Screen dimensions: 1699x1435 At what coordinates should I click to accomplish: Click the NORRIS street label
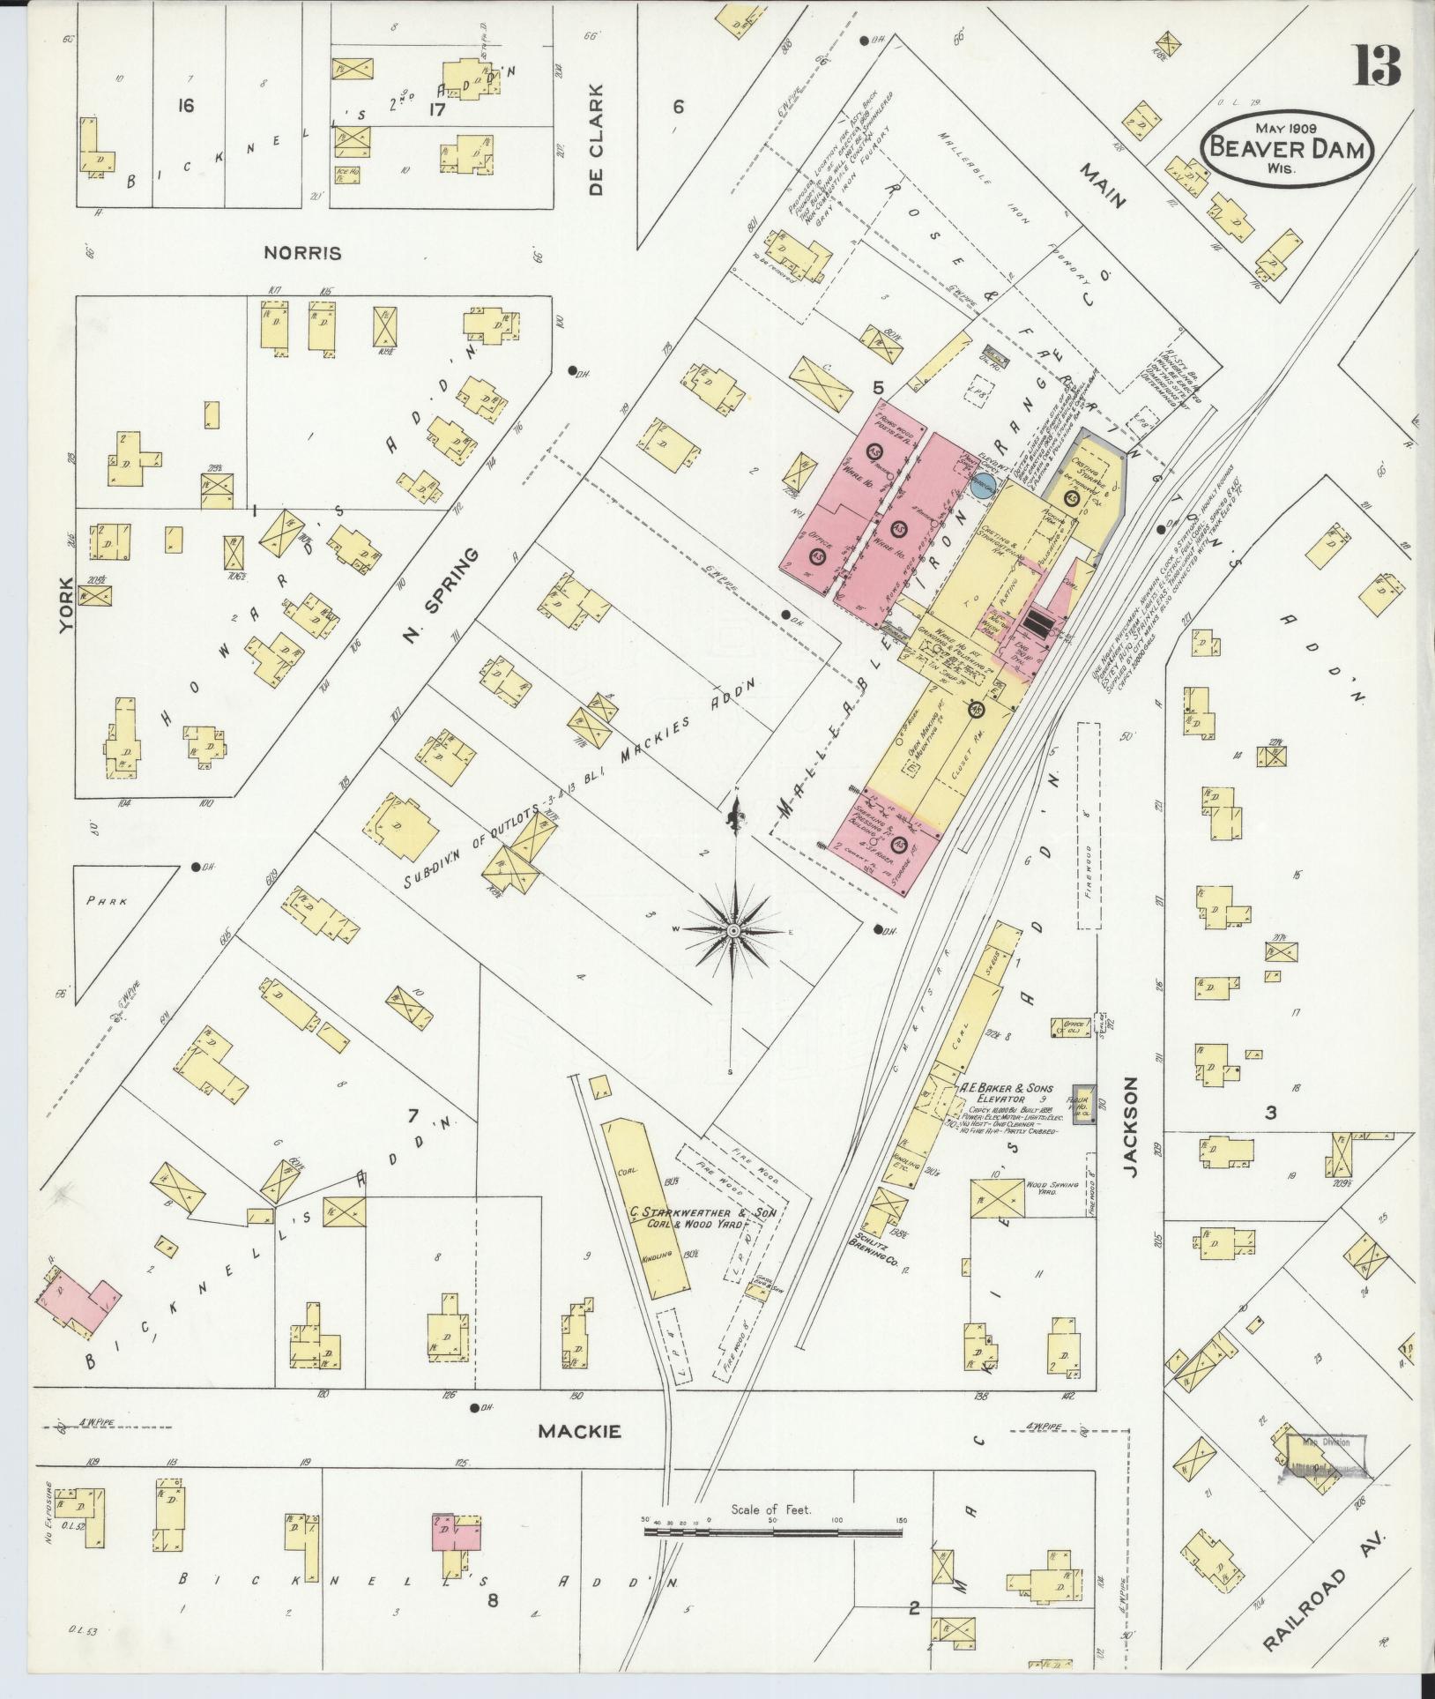click(x=302, y=253)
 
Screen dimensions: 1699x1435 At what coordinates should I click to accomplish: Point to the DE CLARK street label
click(x=597, y=141)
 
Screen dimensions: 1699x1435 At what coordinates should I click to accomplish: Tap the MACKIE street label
click(x=579, y=1432)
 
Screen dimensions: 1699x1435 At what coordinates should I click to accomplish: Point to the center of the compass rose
click(x=732, y=930)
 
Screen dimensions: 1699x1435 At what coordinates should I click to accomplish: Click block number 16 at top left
click(x=185, y=106)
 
